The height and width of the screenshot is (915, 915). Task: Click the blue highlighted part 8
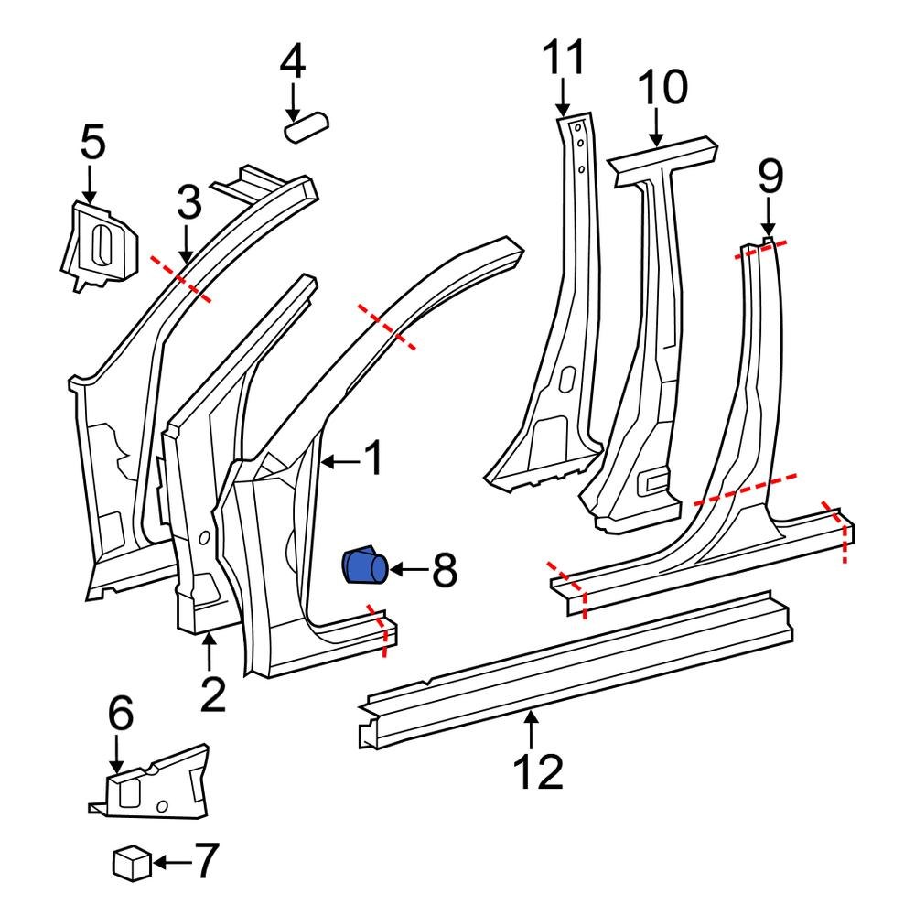pos(364,566)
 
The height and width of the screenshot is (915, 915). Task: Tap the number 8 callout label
pos(444,573)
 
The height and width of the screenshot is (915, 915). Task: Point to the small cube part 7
pos(131,862)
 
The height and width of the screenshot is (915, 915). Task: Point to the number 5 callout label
pos(92,145)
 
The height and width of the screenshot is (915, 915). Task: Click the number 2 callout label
pos(211,695)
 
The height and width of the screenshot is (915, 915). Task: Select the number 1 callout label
pos(373,460)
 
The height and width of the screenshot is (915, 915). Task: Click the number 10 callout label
pos(662,90)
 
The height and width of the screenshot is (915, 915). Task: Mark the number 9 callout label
pos(770,176)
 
